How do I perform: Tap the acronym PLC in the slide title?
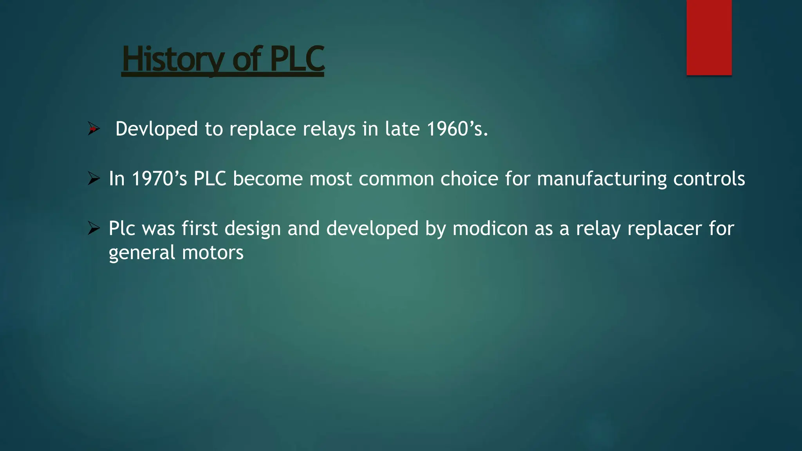point(297,59)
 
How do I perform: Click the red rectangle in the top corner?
point(709,37)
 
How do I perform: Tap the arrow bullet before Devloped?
point(94,128)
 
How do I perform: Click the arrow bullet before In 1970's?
point(94,179)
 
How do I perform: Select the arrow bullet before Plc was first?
point(94,228)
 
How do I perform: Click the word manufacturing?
point(601,179)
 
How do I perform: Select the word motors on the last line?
point(213,253)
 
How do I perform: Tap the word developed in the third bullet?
point(372,228)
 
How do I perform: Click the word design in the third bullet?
point(253,228)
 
